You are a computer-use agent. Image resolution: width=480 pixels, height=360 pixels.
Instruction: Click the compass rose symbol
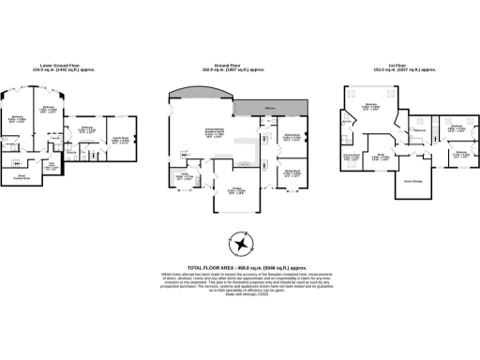[x=242, y=246]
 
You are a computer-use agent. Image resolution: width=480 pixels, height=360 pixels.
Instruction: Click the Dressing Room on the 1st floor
[x=352, y=156]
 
